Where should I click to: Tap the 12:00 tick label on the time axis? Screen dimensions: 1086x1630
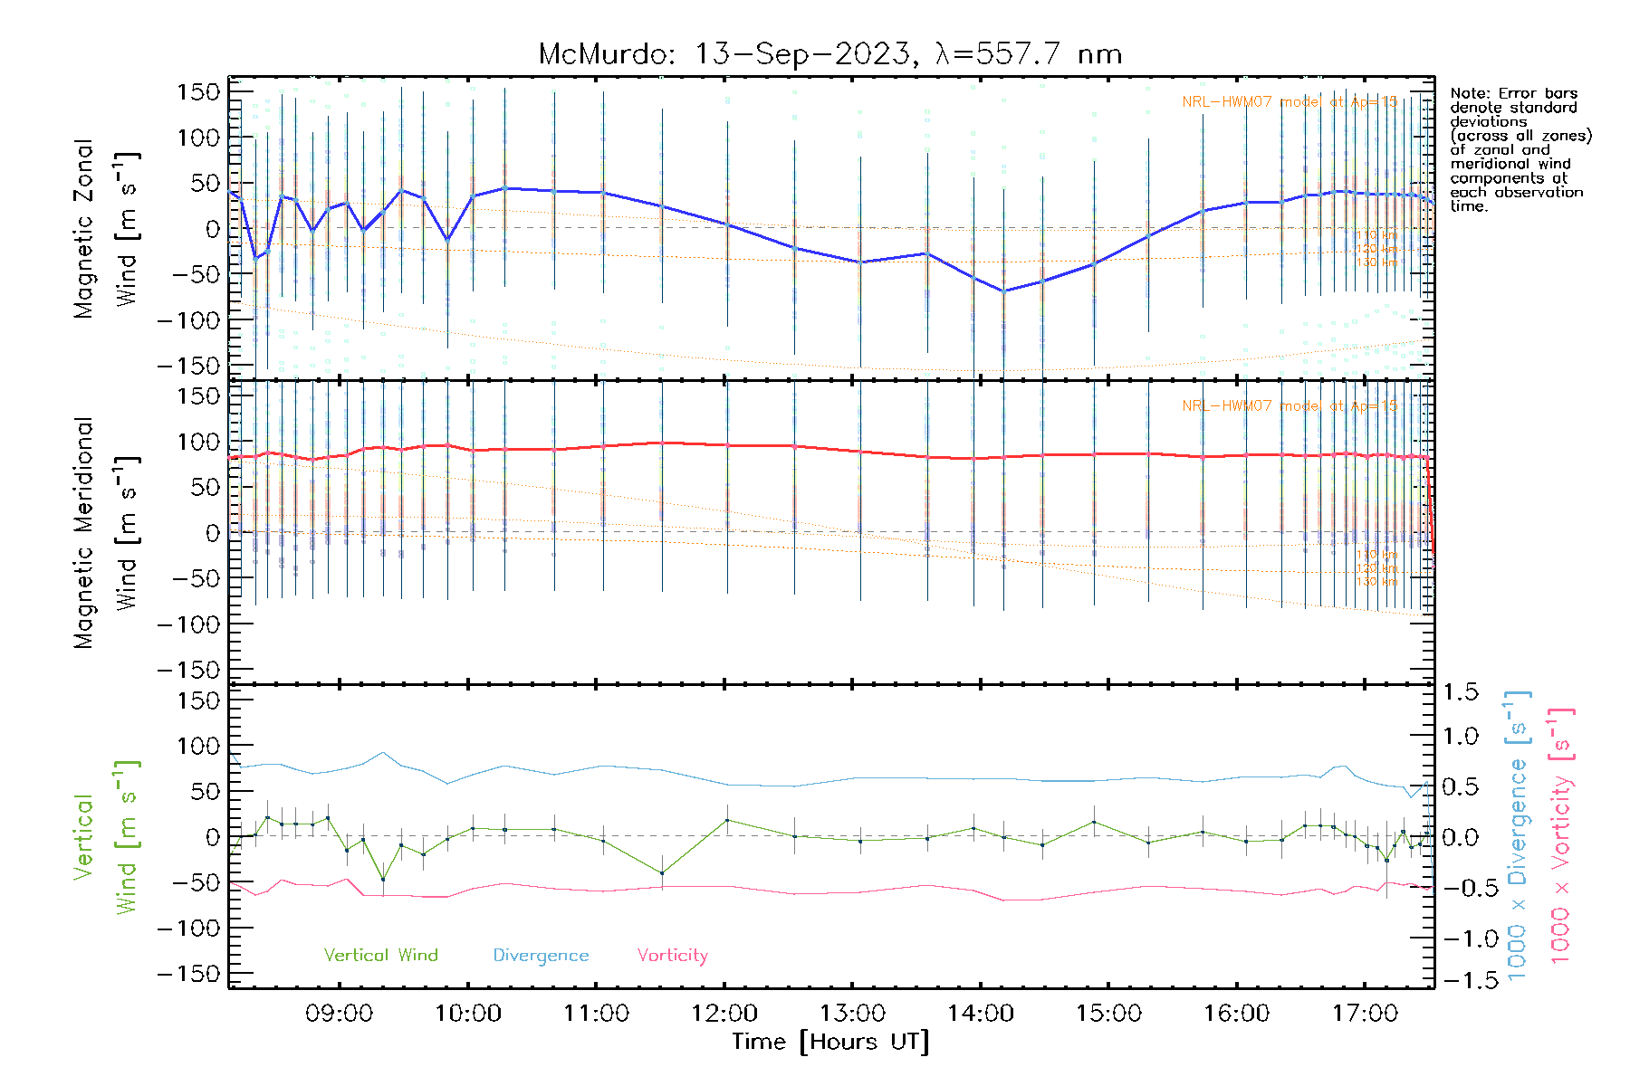click(724, 1014)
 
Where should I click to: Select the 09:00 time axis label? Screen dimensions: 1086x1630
click(340, 1014)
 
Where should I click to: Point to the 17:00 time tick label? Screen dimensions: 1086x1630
click(1365, 1014)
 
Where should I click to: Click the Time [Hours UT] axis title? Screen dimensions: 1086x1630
click(830, 1042)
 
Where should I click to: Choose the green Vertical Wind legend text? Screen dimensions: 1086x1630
click(380, 956)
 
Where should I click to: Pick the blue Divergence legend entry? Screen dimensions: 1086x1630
click(541, 956)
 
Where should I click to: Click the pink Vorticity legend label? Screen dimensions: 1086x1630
click(672, 956)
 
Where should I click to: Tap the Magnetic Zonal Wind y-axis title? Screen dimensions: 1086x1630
click(107, 228)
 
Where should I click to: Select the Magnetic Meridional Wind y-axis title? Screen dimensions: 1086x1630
click(107, 532)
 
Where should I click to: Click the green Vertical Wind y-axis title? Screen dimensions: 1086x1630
click(107, 837)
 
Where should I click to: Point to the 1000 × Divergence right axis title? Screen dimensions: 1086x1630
click(1518, 837)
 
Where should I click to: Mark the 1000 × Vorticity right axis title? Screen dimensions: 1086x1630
click(1561, 837)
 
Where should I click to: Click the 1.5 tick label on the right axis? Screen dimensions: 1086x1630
click(1460, 692)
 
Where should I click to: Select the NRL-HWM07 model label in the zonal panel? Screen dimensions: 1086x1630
click(1290, 102)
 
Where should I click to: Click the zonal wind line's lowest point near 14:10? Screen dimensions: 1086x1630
click(1003, 291)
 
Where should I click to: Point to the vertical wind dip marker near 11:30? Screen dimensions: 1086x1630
click(662, 873)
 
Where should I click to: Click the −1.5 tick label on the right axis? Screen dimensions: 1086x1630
click(1460, 981)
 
